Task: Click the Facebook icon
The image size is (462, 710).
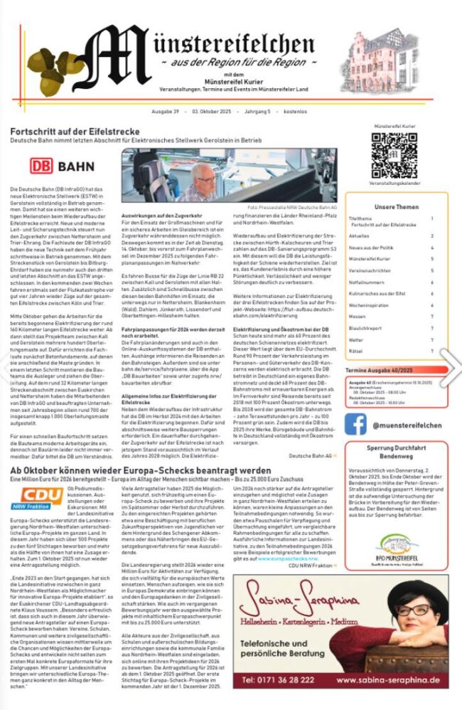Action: pyautogui.click(x=355, y=425)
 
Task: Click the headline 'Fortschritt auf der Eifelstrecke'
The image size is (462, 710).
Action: pyautogui.click(x=75, y=132)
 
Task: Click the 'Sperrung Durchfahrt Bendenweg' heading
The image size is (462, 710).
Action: pyautogui.click(x=397, y=454)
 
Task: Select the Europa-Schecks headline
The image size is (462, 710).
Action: pyautogui.click(x=140, y=471)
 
